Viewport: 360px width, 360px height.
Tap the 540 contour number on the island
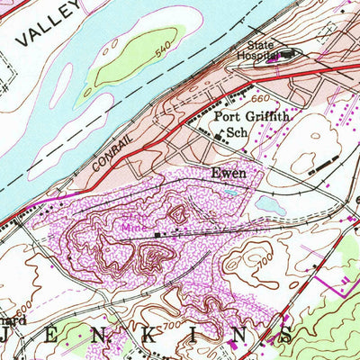pos(161,53)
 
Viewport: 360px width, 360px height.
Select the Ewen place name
pos(228,172)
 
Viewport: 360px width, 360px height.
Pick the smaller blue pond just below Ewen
pos(232,191)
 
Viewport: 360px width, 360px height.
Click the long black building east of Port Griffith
pos(323,164)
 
